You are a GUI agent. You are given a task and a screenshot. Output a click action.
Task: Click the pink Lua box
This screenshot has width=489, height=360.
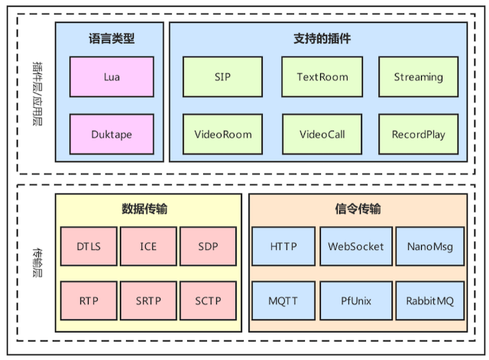[x=109, y=77]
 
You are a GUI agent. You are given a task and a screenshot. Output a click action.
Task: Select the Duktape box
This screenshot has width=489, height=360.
[x=109, y=135]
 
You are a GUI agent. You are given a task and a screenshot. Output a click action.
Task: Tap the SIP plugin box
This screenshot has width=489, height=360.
[x=222, y=77]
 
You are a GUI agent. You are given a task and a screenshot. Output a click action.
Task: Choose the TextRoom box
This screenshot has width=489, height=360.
[x=322, y=77]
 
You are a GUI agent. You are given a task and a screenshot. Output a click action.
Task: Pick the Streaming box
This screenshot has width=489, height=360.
[x=419, y=77]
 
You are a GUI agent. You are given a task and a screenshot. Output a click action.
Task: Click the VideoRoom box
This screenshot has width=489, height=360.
[x=222, y=135]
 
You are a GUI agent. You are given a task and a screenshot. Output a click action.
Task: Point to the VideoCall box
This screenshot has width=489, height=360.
[x=322, y=135]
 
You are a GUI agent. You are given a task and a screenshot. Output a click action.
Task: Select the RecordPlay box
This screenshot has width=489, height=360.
[x=419, y=135]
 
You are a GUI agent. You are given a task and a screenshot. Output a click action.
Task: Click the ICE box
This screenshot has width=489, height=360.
[x=147, y=247]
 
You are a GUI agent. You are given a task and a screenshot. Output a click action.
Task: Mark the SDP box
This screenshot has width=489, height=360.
[x=207, y=247]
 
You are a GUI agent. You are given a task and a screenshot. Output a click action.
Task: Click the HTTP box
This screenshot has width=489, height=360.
[x=283, y=247]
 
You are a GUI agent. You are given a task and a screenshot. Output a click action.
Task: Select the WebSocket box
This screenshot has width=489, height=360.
[x=355, y=247]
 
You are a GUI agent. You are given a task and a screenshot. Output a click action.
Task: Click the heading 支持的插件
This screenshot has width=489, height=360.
[x=322, y=39]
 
